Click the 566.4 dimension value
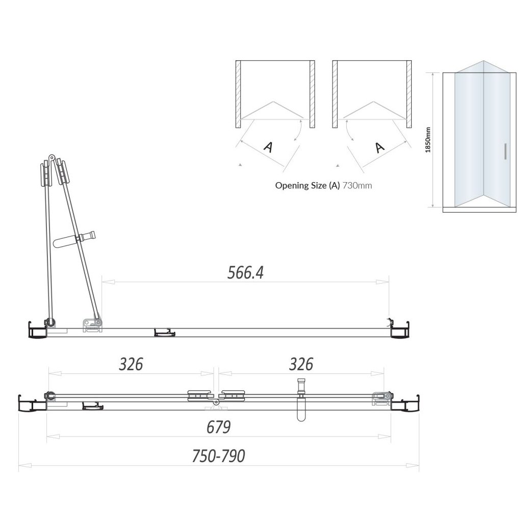245,273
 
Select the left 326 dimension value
131,364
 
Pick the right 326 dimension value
300,364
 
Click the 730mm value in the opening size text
357,186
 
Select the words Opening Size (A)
307,186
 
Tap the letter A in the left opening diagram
267,147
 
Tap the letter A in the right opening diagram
379,147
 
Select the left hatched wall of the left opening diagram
238,94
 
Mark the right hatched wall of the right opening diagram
409,94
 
